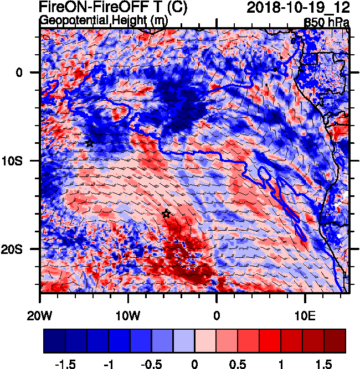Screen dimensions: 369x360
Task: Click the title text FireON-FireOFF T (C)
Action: click(x=114, y=8)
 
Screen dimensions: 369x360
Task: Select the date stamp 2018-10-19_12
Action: click(x=297, y=8)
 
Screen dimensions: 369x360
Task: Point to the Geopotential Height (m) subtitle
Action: click(x=103, y=20)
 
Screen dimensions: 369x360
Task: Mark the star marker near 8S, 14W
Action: click(x=90, y=143)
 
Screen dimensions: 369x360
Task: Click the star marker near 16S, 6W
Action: click(x=166, y=214)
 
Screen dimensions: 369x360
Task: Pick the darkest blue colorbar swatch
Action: click(x=54, y=340)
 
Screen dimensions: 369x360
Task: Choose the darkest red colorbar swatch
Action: click(x=335, y=340)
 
